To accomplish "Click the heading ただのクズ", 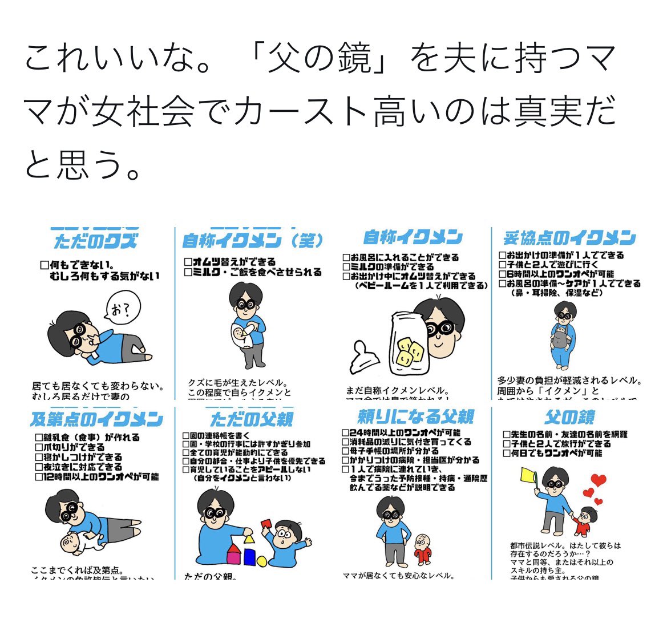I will (95, 241).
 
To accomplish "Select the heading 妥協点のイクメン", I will (569, 238).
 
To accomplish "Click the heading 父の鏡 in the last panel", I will (569, 417).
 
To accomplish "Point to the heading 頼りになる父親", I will (416, 416).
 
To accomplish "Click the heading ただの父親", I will (252, 419).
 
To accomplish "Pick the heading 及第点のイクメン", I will (96, 419).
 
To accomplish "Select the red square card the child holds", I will (266, 524).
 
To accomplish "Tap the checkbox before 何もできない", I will (45, 265).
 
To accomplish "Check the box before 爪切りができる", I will (39, 448).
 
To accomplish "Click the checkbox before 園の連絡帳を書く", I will (186, 435).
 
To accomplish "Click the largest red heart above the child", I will (597, 480).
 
